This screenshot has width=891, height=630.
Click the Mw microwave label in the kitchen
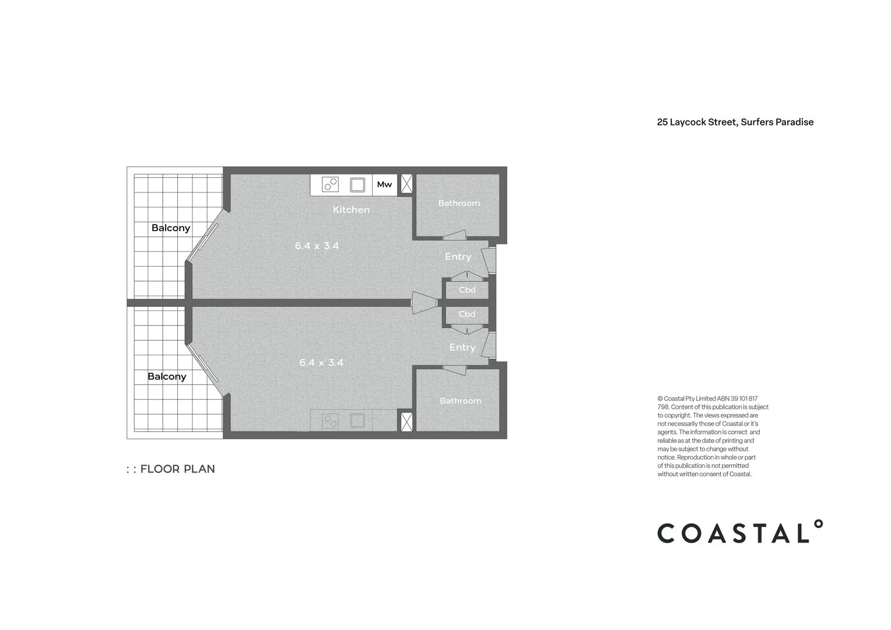[384, 184]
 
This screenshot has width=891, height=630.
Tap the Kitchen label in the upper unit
[351, 209]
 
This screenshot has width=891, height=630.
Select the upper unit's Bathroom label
[459, 203]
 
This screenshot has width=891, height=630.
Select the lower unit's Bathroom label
[460, 401]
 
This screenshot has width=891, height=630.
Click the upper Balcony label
[171, 228]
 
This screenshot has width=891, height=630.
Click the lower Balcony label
[167, 377]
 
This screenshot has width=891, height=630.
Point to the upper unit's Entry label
[458, 257]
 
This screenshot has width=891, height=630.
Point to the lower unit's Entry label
[462, 347]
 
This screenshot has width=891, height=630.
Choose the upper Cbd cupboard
[467, 290]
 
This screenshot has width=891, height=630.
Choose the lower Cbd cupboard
[467, 314]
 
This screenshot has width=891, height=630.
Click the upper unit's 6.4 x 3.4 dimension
[317, 246]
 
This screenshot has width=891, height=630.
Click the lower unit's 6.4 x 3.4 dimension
[321, 363]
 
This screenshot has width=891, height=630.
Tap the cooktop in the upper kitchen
[330, 185]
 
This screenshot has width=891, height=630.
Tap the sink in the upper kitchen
[357, 185]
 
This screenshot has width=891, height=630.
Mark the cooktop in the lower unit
[330, 421]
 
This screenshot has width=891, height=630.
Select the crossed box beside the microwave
[406, 184]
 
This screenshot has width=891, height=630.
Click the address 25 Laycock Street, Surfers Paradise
[735, 122]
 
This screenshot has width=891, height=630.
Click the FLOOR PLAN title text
[177, 469]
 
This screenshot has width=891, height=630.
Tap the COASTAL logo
[739, 532]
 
